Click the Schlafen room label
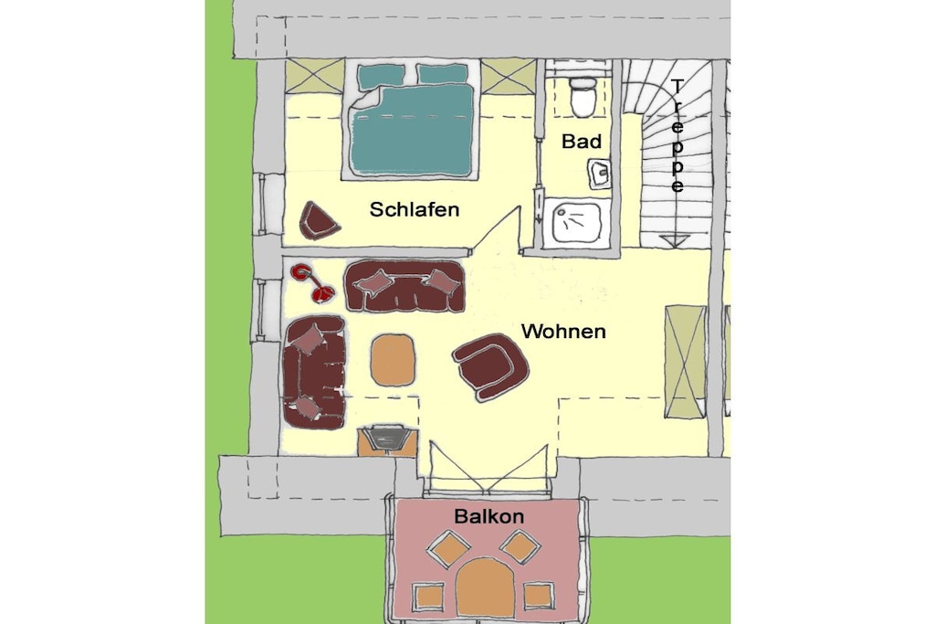pos(415,209)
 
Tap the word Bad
pos(582,142)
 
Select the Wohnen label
pos(563,331)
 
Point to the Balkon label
pos(489,516)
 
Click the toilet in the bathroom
pos(583,96)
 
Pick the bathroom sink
pos(600,174)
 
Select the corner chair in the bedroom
pos(318,221)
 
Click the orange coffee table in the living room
pos(393,360)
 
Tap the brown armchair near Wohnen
pos(491,366)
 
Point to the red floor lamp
pos(312,283)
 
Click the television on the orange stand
pos(386,438)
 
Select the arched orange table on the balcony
pos(486,587)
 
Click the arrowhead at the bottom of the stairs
pos(675,240)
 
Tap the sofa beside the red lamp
pos(404,286)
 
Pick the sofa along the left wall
pos(314,372)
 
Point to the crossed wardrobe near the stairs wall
pos(685,362)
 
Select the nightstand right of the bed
pos(508,77)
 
